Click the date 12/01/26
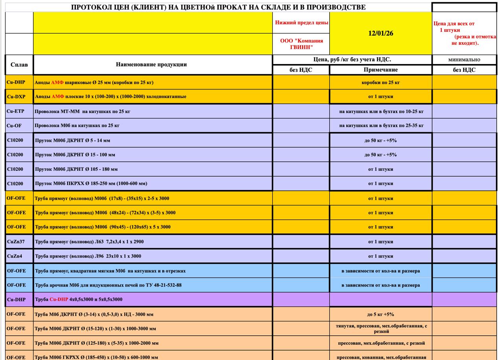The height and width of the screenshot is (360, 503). point(380,33)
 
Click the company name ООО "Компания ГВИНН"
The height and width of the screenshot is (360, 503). point(301,44)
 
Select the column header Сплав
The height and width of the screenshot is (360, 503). point(19,65)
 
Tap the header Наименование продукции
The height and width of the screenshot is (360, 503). point(151,64)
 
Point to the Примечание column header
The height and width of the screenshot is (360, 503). point(380,70)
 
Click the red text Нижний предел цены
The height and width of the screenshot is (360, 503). point(301,23)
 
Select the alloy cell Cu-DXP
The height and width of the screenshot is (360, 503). point(16,97)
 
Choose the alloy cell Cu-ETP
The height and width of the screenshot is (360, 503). point(16,111)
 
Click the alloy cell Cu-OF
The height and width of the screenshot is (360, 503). point(14,126)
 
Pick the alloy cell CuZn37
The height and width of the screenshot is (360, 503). point(16,241)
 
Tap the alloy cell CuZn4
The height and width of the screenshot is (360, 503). point(15,256)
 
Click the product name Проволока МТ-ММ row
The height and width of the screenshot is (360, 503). point(83,111)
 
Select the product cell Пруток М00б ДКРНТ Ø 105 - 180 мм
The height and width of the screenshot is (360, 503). point(76,169)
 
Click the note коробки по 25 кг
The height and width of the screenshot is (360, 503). point(380,82)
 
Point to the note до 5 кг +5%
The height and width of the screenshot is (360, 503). point(380,314)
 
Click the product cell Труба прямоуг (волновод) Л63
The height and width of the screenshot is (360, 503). point(89,242)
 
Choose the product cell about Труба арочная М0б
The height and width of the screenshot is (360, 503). point(108,285)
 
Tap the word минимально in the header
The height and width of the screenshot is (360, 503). point(464,60)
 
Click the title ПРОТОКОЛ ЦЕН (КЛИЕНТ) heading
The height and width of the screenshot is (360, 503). point(218,7)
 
